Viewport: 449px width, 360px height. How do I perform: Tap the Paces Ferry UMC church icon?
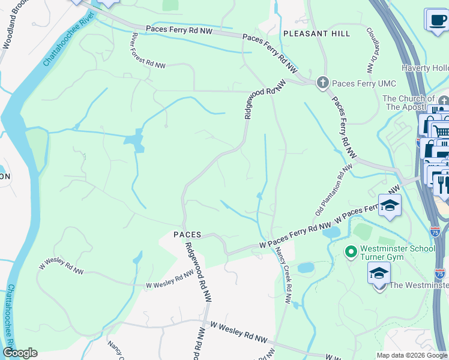tap(323, 83)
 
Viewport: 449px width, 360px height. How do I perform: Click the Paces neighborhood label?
tap(187, 235)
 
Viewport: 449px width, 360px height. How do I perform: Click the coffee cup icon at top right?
tap(436, 20)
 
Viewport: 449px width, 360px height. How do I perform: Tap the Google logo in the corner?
tap(20, 353)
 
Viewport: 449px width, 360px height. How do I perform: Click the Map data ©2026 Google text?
tap(412, 355)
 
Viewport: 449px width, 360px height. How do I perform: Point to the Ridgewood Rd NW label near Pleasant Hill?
tap(264, 100)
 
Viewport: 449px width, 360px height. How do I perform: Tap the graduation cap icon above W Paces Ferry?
tap(390, 206)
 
